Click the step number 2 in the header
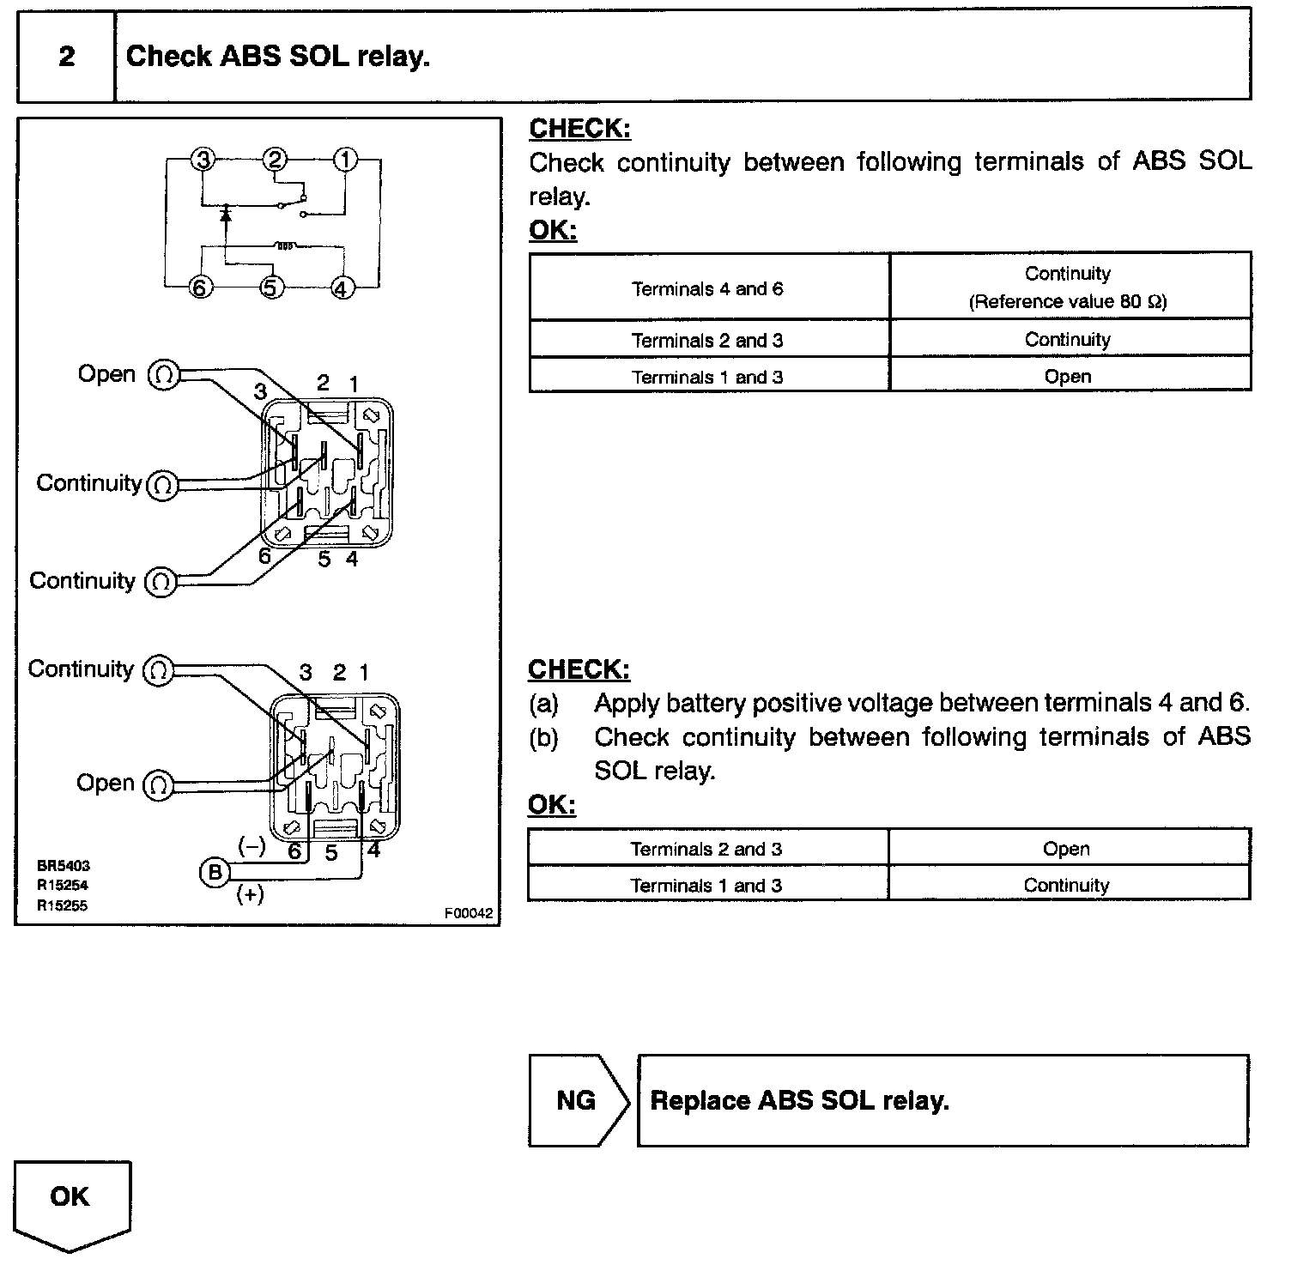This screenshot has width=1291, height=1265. click(x=66, y=57)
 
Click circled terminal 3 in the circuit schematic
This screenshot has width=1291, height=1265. click(x=203, y=160)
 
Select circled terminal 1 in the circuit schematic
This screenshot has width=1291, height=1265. click(x=345, y=160)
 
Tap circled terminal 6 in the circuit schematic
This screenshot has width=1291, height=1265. click(x=199, y=288)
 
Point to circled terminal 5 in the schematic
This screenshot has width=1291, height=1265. click(x=271, y=288)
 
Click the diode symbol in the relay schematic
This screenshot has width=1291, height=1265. click(x=226, y=211)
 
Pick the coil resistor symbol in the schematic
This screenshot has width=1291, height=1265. click(x=285, y=246)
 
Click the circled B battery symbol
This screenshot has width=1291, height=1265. click(x=214, y=873)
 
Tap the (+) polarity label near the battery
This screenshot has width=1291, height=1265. click(x=250, y=895)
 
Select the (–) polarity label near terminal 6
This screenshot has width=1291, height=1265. click(x=252, y=847)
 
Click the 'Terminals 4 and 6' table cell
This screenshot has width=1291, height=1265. click(x=708, y=288)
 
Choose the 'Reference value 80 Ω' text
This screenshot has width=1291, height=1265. click(x=1068, y=302)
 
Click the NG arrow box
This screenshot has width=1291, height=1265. click(x=578, y=1100)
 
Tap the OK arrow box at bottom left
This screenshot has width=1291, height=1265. click(x=71, y=1199)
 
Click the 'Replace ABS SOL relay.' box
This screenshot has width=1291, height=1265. click(x=942, y=1100)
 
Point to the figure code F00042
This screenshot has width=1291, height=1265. click(x=469, y=914)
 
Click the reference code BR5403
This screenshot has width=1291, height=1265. click(x=63, y=866)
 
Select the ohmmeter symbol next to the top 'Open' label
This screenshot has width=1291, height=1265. click(x=164, y=375)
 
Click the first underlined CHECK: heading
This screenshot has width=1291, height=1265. click(x=579, y=129)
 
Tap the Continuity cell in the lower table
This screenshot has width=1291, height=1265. click(x=1066, y=885)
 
